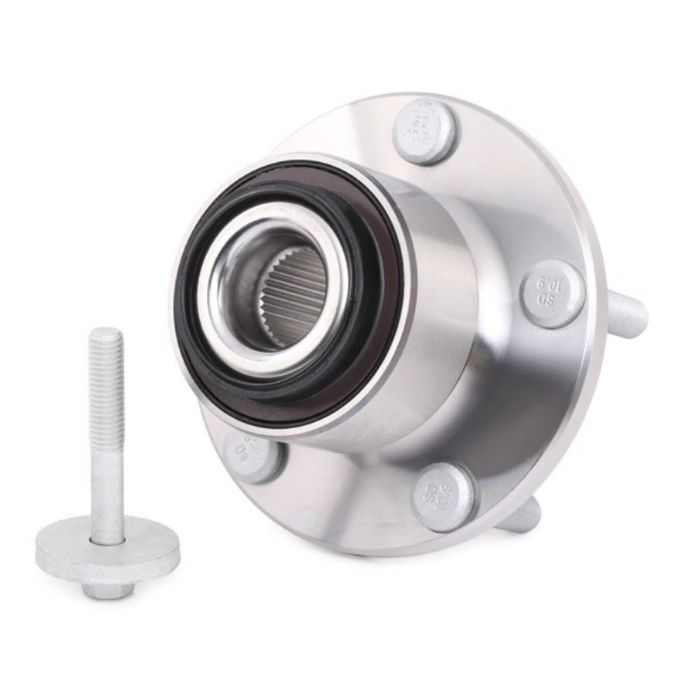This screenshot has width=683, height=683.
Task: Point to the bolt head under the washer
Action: click(108, 589)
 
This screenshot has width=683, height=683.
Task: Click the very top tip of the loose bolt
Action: click(106, 331)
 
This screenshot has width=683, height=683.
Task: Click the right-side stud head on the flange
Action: click(552, 294)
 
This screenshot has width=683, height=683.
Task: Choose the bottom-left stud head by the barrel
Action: click(250, 455)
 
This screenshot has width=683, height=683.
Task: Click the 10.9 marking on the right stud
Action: click(551, 285)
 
